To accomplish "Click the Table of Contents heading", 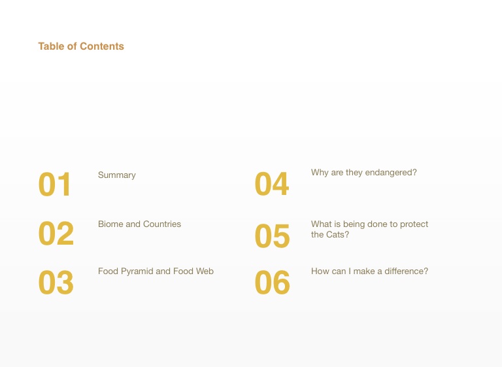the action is tap(81, 46).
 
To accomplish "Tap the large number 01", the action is tap(54, 184).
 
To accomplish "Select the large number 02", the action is tap(56, 234).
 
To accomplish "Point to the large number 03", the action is tap(56, 283).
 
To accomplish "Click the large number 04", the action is tap(272, 184).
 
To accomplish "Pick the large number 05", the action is tap(272, 236).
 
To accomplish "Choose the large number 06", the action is tap(272, 283).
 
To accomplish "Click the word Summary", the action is tap(117, 175).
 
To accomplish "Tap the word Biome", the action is tap(110, 224).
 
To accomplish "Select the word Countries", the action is tap(162, 224).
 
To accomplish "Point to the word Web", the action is tap(205, 271).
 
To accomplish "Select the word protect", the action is tap(414, 224).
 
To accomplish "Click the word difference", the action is tap(407, 271).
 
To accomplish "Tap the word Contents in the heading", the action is tap(102, 46).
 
